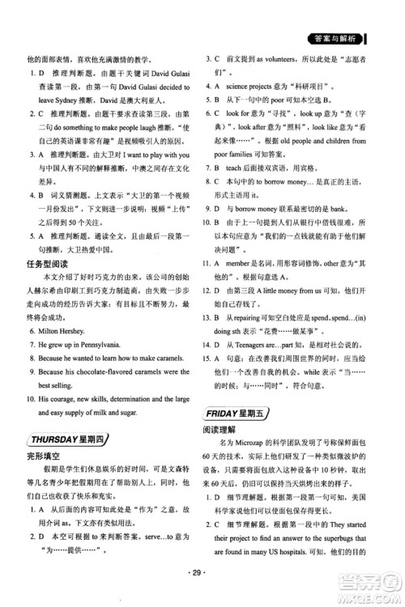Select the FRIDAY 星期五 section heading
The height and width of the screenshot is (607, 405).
[x=242, y=412]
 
